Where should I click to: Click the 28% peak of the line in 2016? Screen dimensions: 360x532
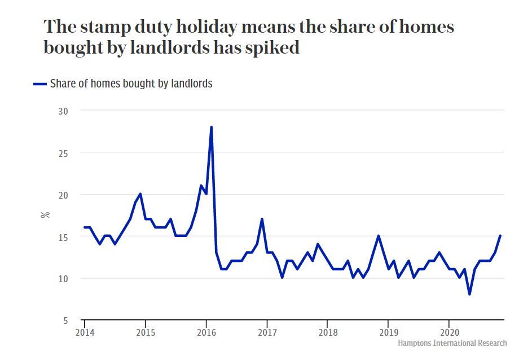coord(211,128)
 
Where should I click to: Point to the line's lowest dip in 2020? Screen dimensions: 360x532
coord(469,294)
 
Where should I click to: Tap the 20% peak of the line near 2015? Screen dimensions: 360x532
coord(140,194)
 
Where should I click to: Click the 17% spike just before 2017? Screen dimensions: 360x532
coord(262,219)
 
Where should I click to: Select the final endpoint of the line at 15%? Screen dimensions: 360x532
coord(500,236)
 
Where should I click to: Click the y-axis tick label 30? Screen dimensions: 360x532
coord(63,111)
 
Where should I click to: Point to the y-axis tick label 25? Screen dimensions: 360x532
coord(63,153)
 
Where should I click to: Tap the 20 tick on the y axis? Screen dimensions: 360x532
coord(63,195)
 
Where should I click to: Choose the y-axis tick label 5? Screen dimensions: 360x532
coord(65,321)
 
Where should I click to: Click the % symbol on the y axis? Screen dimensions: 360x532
coord(45,215)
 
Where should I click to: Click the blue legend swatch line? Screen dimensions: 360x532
coord(39,84)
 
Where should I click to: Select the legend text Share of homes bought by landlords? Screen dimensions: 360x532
coord(131,84)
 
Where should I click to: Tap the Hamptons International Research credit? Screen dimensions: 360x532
coord(452,343)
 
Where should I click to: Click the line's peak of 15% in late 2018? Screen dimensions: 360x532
coord(378,236)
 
